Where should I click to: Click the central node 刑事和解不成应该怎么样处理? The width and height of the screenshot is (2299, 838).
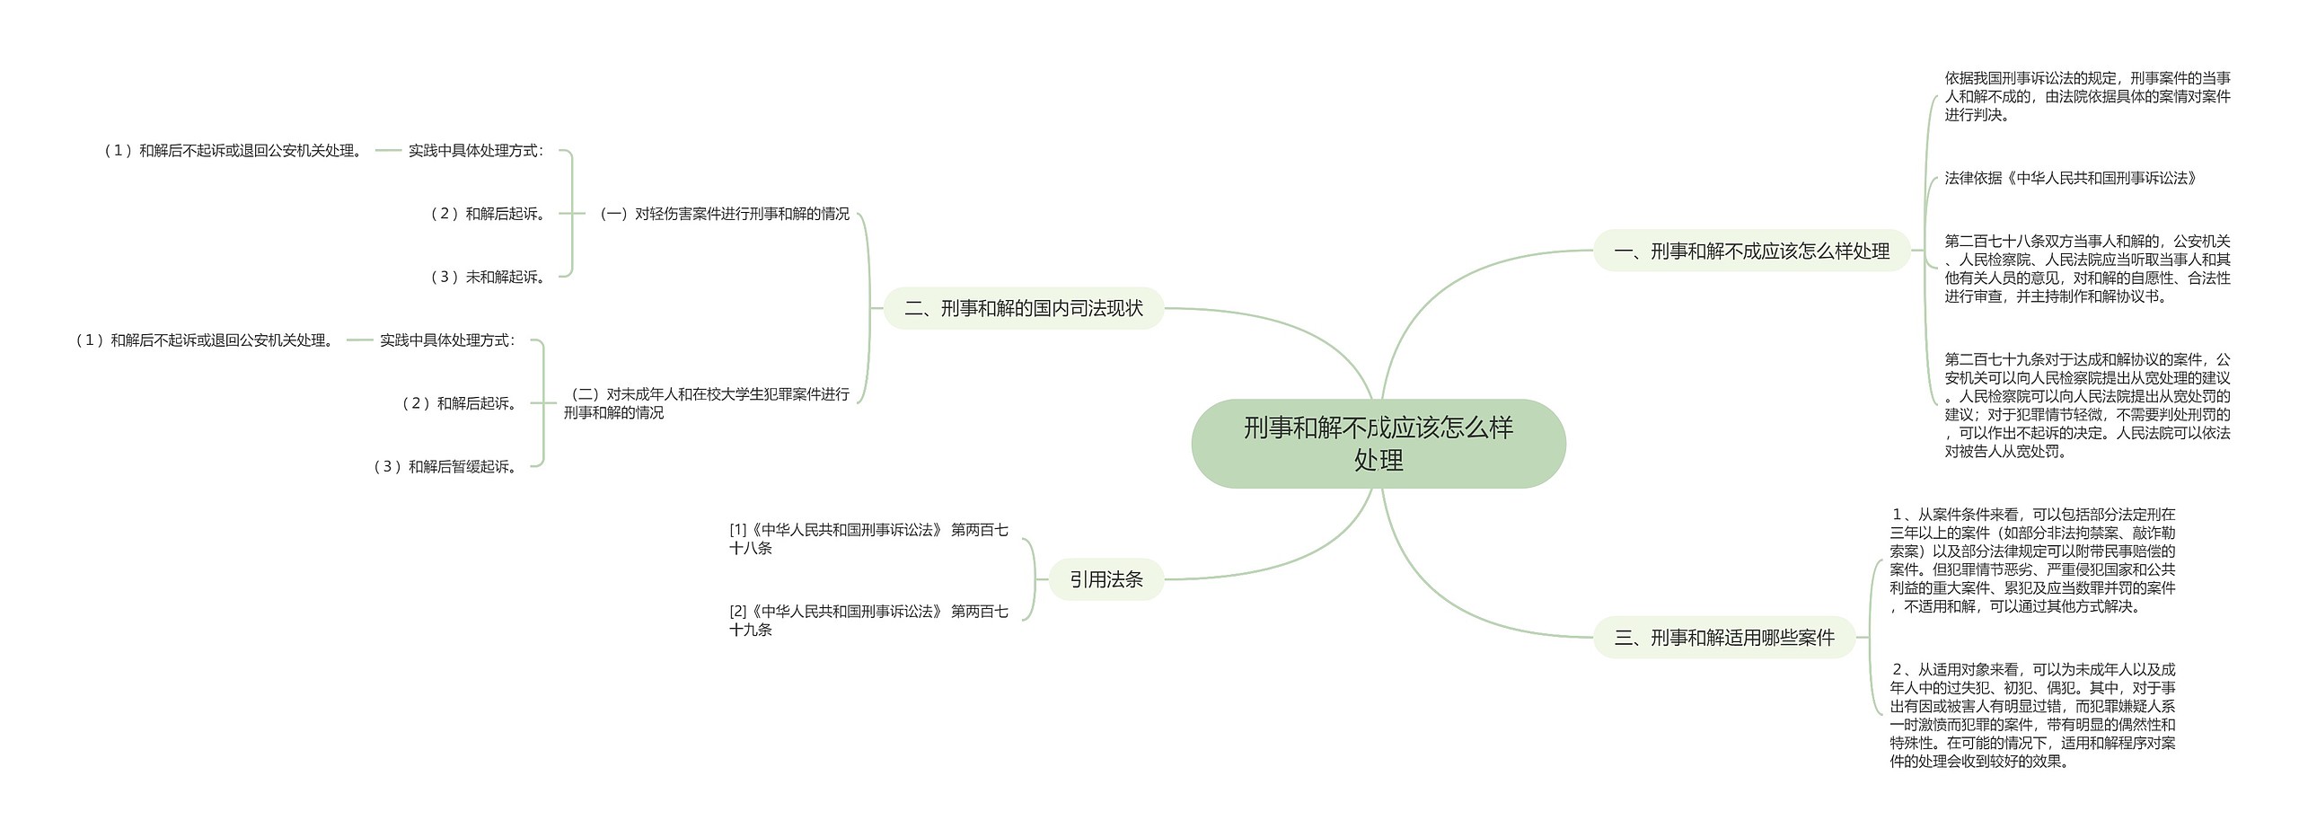[1378, 444]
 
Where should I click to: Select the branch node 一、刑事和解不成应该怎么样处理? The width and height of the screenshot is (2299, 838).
[1751, 251]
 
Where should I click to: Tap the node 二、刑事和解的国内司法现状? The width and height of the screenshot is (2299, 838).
[1024, 309]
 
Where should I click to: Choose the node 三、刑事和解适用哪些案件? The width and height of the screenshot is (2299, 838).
[1724, 638]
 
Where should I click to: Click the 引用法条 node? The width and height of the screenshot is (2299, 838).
[1105, 580]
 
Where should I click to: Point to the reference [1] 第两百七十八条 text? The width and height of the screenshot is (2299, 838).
[868, 539]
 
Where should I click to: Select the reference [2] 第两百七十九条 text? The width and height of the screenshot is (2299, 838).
[868, 621]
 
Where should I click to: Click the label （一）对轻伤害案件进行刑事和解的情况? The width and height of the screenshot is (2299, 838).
[724, 214]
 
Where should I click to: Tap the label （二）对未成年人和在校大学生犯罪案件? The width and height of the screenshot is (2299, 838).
[707, 403]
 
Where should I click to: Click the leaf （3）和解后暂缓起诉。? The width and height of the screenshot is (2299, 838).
[447, 467]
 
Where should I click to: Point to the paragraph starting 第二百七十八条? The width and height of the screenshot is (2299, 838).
[2087, 269]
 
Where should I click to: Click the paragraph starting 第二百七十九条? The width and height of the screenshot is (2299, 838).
[2087, 405]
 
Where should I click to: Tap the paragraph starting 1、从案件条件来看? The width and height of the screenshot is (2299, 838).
[2032, 560]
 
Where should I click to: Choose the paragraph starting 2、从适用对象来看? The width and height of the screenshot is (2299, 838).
[2032, 715]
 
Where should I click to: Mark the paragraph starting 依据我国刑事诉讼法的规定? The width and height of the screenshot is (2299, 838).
[2087, 97]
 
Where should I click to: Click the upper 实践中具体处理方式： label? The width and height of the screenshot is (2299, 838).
[476, 151]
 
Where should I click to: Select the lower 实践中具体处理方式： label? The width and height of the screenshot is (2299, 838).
[447, 340]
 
